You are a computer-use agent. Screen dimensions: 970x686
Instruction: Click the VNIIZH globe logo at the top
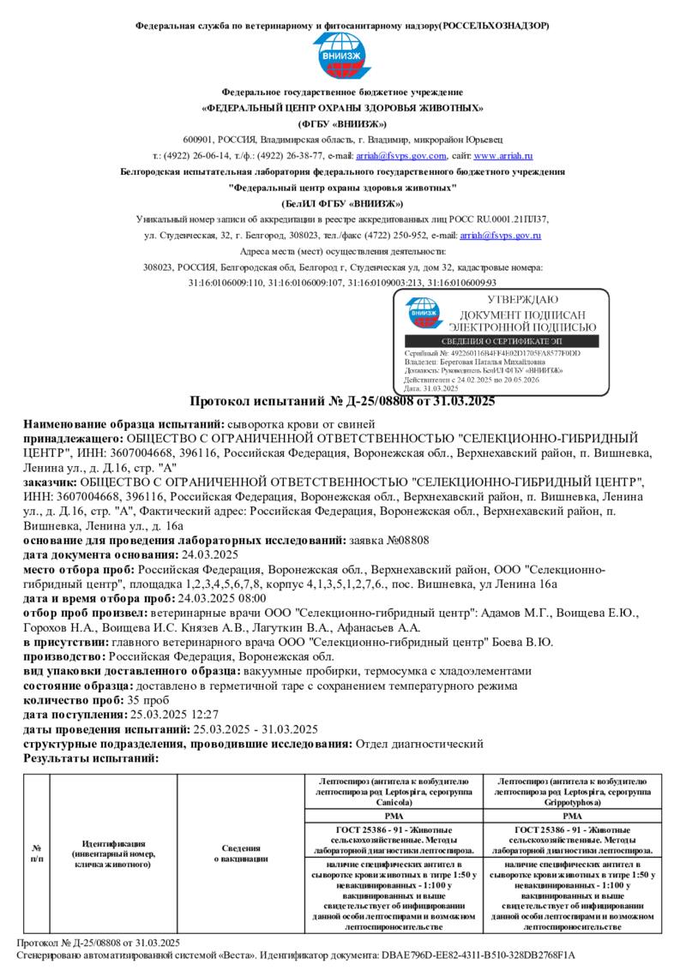click(342, 56)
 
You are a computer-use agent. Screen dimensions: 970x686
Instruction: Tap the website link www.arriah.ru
click(503, 156)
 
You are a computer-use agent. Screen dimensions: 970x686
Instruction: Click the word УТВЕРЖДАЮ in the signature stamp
click(522, 300)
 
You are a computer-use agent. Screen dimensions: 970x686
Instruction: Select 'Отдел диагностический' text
click(419, 744)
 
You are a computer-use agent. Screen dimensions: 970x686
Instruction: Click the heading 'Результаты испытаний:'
click(90, 758)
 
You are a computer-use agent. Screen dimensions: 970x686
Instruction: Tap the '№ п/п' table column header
click(37, 853)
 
